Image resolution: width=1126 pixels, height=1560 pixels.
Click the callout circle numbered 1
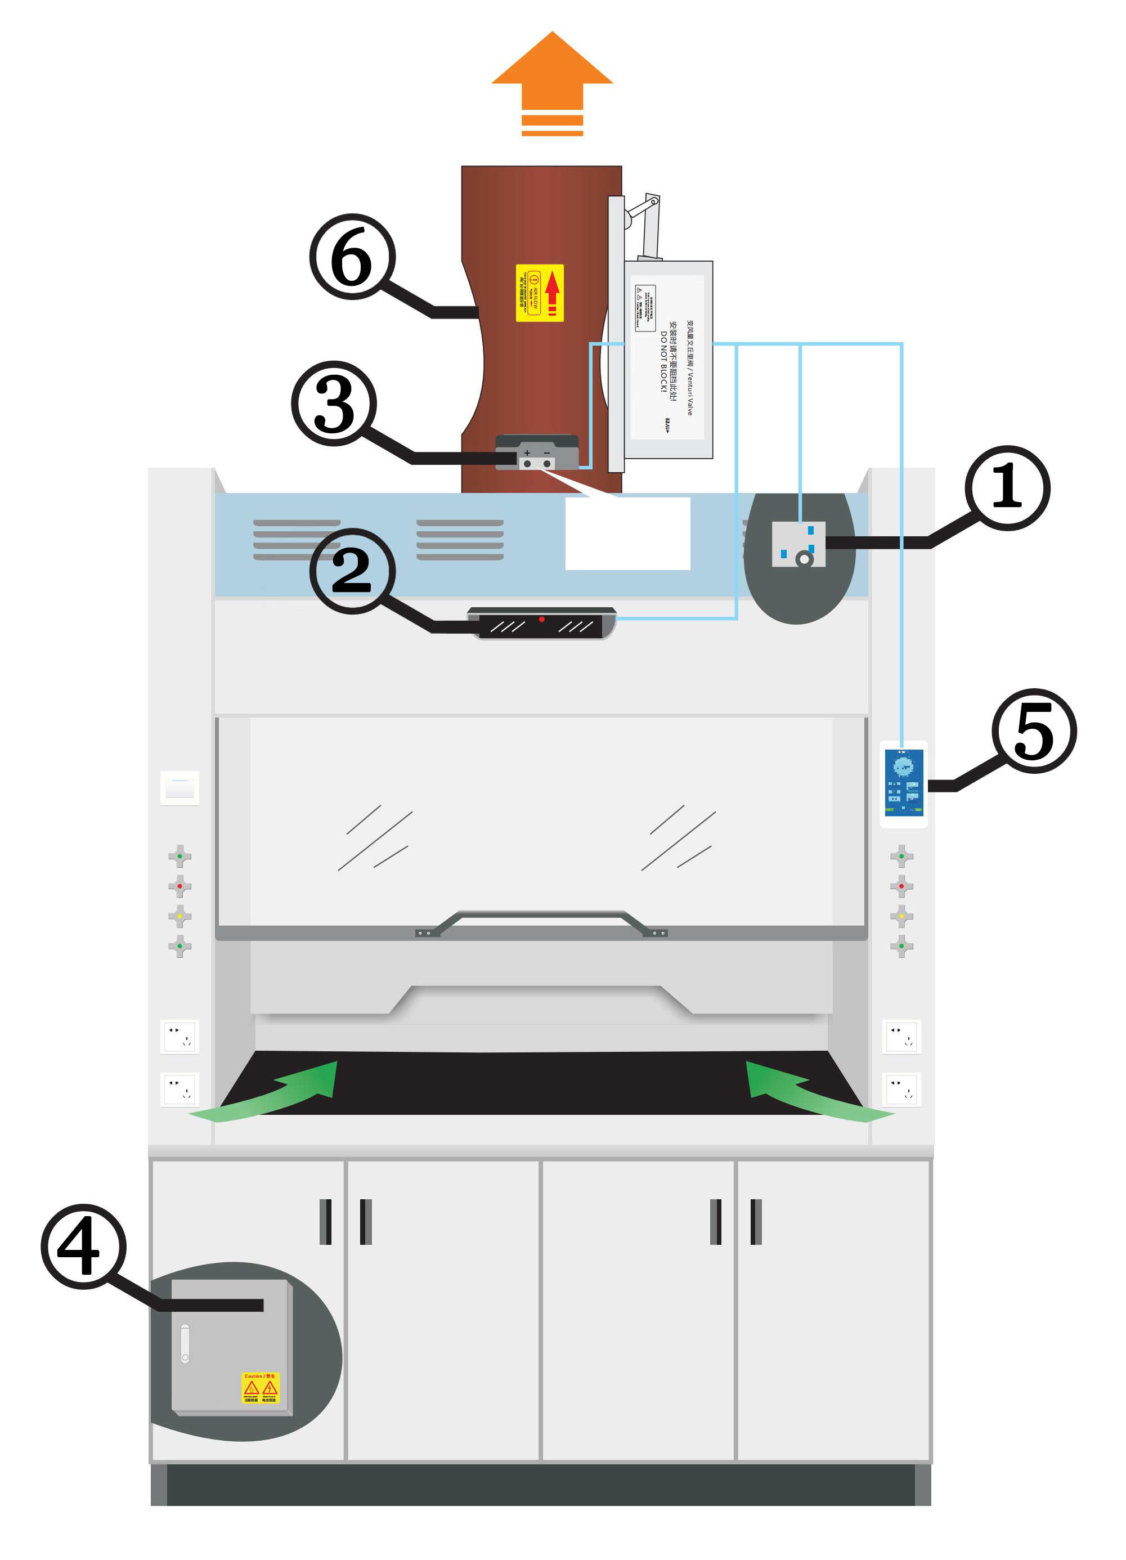[1007, 488]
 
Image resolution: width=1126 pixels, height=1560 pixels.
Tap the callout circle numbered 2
[352, 570]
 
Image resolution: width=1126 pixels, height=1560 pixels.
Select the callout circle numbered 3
[334, 403]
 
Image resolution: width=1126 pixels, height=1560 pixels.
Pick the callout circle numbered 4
[84, 1247]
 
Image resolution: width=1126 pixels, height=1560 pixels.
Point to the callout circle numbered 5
[1034, 730]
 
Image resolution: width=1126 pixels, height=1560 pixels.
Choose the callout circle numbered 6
[352, 257]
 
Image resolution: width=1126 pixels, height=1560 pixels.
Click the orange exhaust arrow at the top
[551, 83]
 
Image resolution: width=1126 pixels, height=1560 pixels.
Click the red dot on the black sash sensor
[542, 619]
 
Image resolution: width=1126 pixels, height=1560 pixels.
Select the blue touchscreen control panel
[903, 783]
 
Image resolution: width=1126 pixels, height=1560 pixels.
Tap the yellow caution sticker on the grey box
[261, 1388]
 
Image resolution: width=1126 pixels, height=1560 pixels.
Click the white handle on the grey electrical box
[185, 1343]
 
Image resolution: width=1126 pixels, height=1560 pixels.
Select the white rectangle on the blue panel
[627, 533]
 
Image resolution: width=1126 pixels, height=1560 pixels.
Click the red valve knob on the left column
[180, 886]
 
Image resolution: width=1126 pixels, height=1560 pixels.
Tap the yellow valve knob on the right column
[901, 916]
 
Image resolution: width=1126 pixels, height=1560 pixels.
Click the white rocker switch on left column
[180, 788]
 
